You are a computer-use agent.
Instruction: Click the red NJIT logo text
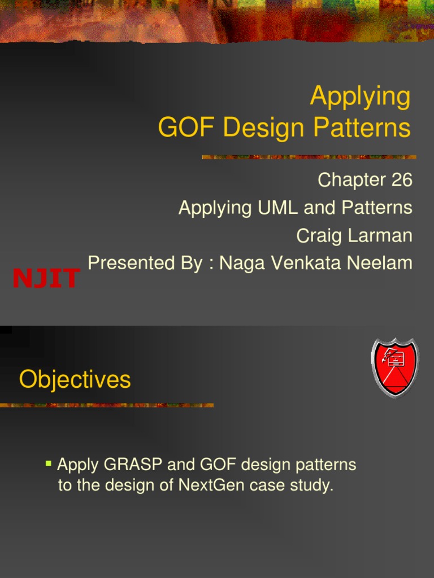point(46,278)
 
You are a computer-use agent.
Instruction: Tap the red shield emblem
point(394,368)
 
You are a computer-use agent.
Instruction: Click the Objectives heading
point(75,380)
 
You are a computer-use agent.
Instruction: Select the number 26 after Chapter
point(400,180)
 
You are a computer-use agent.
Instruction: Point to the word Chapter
point(350,180)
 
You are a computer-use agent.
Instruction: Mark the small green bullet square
point(49,464)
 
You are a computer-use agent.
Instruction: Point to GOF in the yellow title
point(186,128)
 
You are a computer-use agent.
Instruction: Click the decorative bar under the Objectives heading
point(107,405)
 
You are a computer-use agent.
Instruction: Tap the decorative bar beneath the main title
point(309,157)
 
